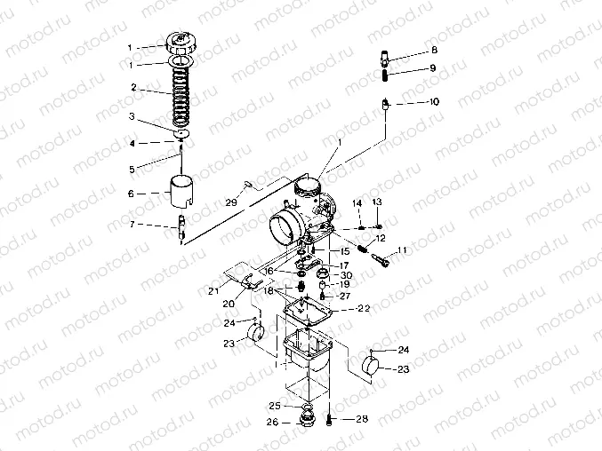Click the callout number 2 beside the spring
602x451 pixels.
[x=132, y=88]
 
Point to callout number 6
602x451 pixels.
[x=131, y=193]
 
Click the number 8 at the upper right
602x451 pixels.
[x=434, y=51]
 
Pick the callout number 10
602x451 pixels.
[x=434, y=102]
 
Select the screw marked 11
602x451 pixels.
[x=384, y=261]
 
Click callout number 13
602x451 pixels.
[x=377, y=203]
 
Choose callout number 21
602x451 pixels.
[x=213, y=290]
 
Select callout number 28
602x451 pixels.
[x=361, y=418]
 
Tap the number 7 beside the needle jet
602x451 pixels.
[x=131, y=225]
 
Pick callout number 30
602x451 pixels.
[x=346, y=274]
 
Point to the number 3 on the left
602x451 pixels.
[x=131, y=116]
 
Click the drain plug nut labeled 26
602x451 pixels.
[x=307, y=417]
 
